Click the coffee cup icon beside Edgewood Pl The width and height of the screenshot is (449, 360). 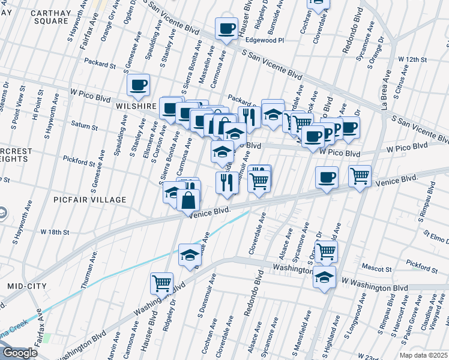pyautogui.click(x=226, y=29)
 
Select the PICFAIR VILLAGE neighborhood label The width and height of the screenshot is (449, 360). pyautogui.click(x=89, y=199)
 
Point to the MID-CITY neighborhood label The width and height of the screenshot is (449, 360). pyautogui.click(x=27, y=287)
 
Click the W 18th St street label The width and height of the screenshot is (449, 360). pyautogui.click(x=55, y=232)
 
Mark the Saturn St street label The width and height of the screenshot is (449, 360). pyautogui.click(x=83, y=127)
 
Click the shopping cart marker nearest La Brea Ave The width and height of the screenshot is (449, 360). pyautogui.click(x=360, y=176)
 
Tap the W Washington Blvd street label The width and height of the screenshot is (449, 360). pyautogui.click(x=366, y=280)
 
